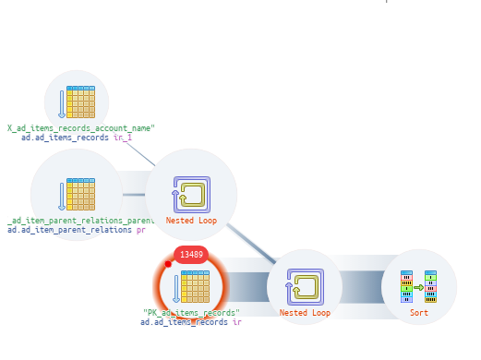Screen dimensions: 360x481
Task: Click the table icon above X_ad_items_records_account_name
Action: coord(77,102)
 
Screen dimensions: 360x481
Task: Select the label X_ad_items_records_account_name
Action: coord(81,128)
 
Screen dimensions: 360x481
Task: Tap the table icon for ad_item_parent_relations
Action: coord(77,195)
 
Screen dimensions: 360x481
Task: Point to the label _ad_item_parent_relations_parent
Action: coord(81,221)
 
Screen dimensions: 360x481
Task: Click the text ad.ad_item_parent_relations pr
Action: coord(76,229)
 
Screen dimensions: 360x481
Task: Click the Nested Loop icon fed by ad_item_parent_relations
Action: coord(191,195)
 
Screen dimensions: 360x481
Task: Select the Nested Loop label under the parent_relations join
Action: coord(191,222)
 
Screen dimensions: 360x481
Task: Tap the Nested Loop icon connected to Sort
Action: coord(305,286)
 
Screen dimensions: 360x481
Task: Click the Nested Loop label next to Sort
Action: coord(305,313)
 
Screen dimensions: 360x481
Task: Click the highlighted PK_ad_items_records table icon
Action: coord(191,286)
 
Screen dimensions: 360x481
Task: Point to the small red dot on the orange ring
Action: coord(168,264)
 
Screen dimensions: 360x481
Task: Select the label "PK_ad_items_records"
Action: coord(191,313)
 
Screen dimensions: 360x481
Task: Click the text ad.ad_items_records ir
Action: coord(191,322)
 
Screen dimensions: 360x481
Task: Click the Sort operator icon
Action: coord(418,286)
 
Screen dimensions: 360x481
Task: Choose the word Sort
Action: coord(418,313)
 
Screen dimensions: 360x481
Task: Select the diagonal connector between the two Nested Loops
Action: coord(249,242)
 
